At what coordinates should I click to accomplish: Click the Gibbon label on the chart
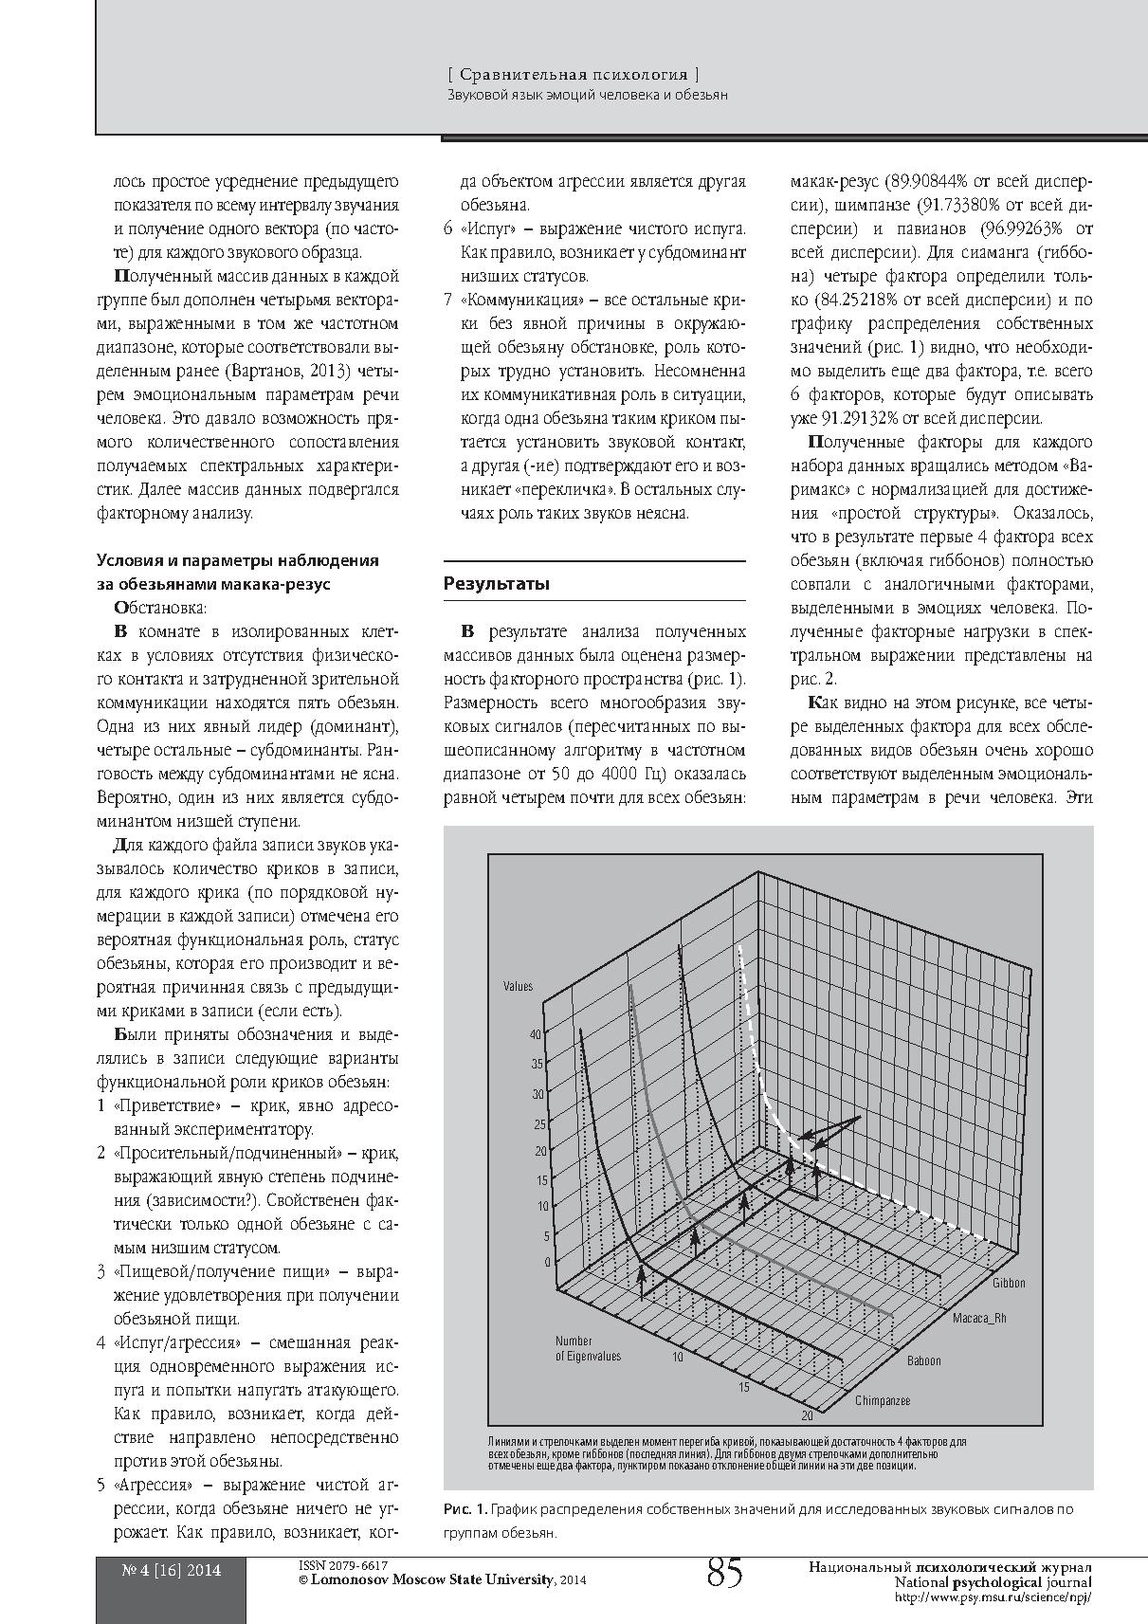[x=1009, y=1283]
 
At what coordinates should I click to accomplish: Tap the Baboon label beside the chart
[x=924, y=1360]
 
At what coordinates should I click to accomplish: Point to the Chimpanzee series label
[x=883, y=1400]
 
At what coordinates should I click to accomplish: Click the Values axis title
[x=518, y=986]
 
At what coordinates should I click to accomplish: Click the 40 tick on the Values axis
[x=537, y=1034]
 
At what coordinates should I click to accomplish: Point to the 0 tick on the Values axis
[x=547, y=1262]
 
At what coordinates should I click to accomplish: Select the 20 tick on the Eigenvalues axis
[x=807, y=1416]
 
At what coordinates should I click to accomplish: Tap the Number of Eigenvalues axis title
[x=588, y=1348]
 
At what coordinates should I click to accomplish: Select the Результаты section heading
[x=497, y=584]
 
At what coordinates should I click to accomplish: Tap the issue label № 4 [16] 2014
[x=172, y=1570]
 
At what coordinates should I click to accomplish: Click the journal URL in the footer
[x=993, y=1597]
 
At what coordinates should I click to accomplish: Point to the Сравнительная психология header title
[x=574, y=73]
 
